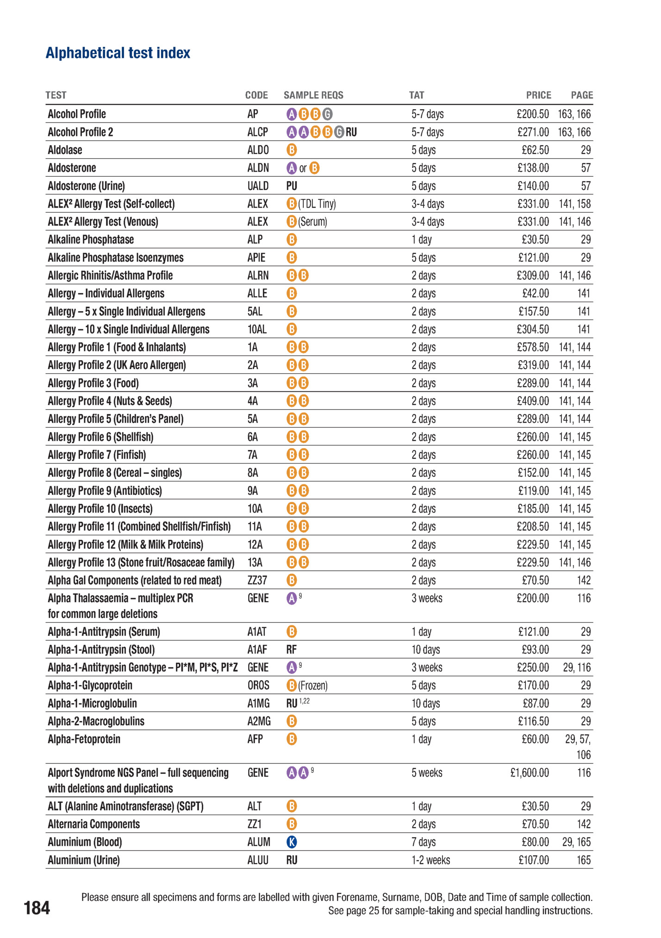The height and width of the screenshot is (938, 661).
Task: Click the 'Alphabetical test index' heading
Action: click(x=118, y=53)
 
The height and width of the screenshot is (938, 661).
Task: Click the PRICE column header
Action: click(x=538, y=95)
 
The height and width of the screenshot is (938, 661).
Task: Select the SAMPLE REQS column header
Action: click(x=313, y=95)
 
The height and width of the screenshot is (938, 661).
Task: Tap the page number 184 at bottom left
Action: click(x=37, y=908)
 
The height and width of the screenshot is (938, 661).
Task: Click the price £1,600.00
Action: click(x=530, y=773)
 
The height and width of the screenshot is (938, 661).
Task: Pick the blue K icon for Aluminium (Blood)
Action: click(x=292, y=842)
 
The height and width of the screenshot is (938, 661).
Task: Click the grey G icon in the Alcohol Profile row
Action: click(x=327, y=114)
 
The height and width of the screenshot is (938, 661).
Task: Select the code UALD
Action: click(x=258, y=186)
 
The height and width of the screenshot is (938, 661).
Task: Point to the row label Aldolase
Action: click(x=65, y=150)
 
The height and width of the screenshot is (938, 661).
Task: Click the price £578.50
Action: click(x=533, y=347)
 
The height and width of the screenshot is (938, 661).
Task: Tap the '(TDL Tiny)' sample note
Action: click(x=317, y=204)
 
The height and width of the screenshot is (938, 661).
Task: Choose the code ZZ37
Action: click(x=257, y=580)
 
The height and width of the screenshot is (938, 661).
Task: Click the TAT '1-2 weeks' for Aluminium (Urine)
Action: click(x=430, y=860)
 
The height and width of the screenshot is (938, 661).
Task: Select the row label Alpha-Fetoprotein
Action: click(x=84, y=740)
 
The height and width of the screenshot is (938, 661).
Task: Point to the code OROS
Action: click(x=258, y=685)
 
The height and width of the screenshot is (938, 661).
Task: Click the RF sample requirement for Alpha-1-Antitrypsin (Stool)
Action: click(x=291, y=650)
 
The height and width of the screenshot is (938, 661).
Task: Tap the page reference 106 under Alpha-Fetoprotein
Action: click(x=583, y=755)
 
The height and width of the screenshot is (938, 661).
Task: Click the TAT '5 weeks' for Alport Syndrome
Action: click(x=427, y=773)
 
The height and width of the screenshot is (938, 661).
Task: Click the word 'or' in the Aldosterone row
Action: click(x=303, y=168)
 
